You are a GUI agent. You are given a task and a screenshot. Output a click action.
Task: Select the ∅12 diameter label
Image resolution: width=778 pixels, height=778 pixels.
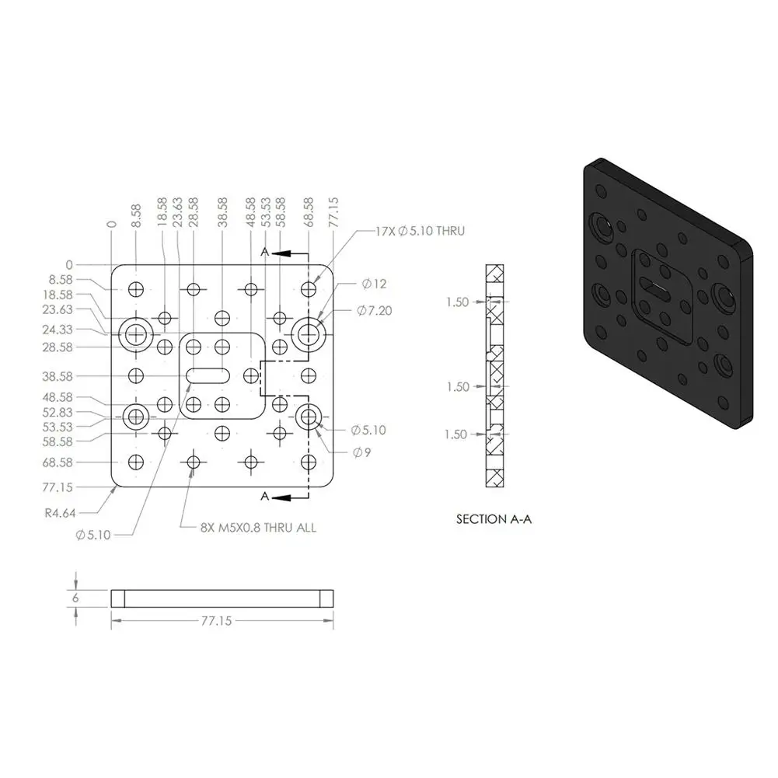click(374, 284)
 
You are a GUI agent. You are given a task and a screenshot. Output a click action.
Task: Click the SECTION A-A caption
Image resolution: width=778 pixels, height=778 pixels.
click(494, 519)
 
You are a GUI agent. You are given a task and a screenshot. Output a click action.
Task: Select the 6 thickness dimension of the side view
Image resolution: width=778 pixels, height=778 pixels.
click(75, 598)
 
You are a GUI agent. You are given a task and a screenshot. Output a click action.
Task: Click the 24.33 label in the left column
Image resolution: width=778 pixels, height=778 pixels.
click(58, 330)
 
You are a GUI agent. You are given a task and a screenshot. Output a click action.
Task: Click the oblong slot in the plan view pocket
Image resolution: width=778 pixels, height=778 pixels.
click(207, 375)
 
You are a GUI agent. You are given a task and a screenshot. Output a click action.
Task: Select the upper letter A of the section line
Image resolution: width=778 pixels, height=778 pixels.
click(265, 253)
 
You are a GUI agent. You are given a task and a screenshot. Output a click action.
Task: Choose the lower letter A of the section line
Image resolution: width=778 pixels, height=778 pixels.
click(265, 496)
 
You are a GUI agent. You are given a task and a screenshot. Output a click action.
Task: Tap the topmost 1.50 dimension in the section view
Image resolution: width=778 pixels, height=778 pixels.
click(458, 302)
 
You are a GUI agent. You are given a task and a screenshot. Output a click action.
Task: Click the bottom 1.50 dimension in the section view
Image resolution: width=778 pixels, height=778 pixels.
click(456, 434)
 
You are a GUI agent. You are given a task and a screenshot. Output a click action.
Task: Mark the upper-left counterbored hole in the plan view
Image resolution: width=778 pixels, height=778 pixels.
click(138, 333)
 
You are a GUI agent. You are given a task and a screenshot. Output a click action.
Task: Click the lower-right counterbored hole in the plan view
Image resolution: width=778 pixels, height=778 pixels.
click(309, 417)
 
